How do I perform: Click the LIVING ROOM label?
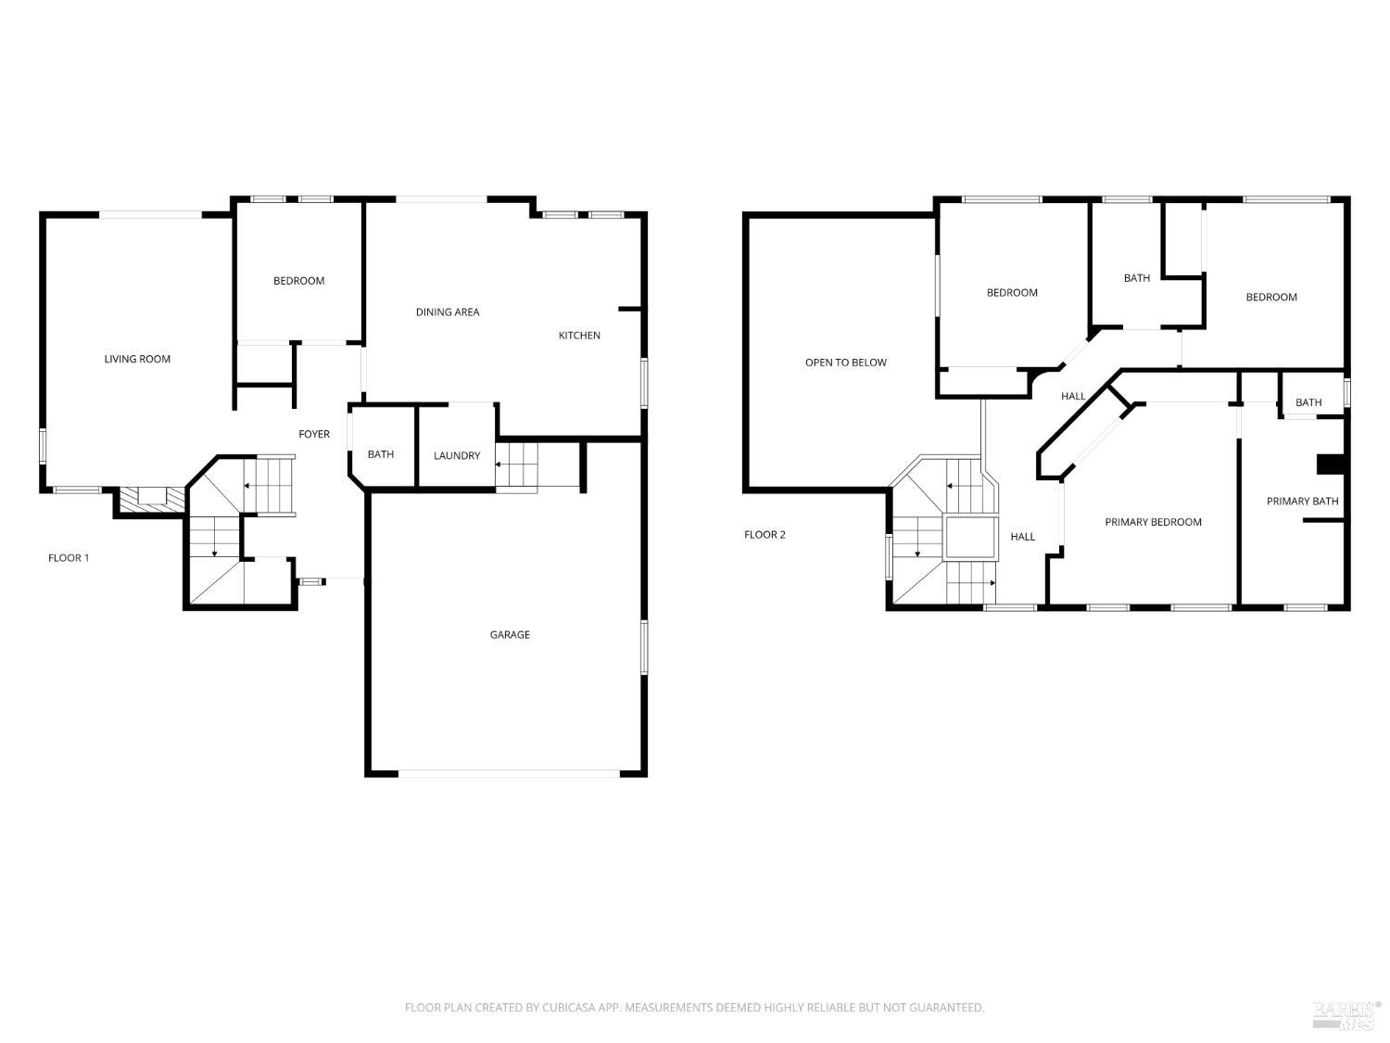tap(137, 359)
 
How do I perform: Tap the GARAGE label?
tap(510, 635)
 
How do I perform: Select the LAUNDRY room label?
tap(457, 455)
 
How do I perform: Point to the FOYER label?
tap(314, 434)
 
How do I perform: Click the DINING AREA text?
tap(448, 312)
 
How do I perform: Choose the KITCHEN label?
tap(579, 336)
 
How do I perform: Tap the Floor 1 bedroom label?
tap(298, 281)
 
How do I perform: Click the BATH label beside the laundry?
tap(381, 454)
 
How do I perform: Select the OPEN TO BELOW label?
tap(846, 363)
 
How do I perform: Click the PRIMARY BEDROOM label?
tap(1153, 522)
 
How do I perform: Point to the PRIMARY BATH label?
tap(1302, 502)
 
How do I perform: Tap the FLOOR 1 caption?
tap(69, 558)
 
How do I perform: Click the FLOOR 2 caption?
tap(764, 535)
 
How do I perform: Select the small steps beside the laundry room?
tap(517, 464)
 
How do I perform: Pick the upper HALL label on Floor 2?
tap(1073, 397)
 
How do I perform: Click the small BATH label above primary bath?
tap(1308, 402)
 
